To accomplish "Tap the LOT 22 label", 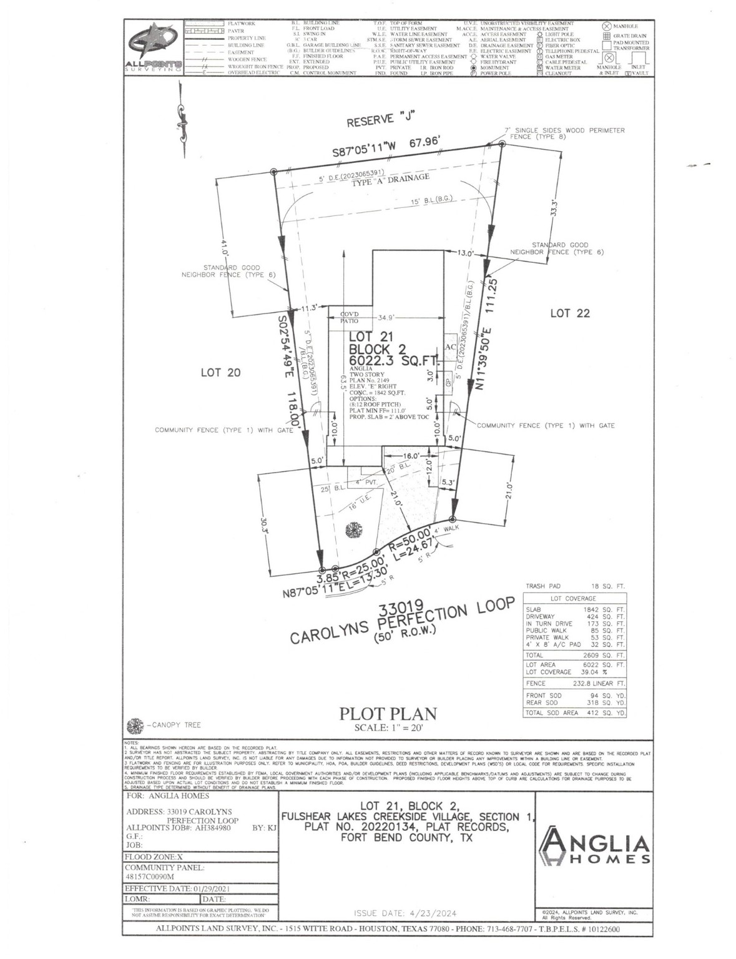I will (569, 313).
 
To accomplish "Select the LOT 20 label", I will (220, 372).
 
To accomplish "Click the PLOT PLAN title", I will (387, 714).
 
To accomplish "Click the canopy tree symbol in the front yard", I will (353, 529).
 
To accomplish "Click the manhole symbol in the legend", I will (606, 26).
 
